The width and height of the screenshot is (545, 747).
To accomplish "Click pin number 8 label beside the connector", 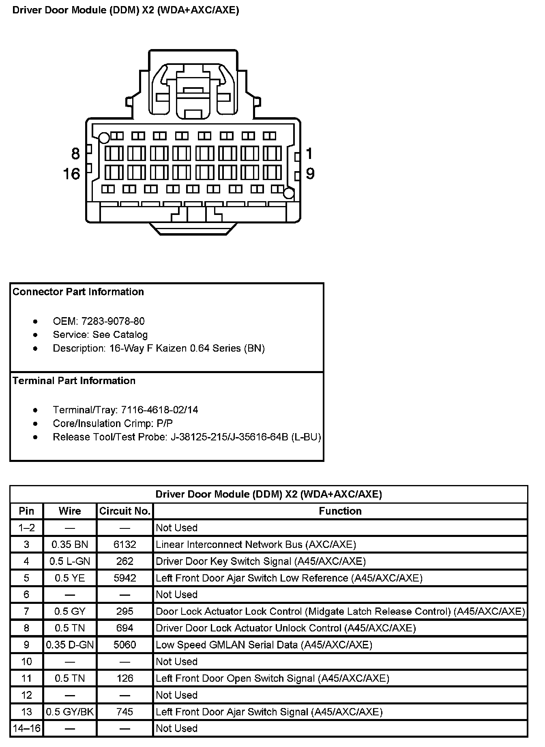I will point(75,154).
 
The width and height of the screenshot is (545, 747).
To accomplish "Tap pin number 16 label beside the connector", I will point(72,174).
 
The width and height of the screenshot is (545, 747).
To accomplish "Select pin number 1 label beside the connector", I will point(309,154).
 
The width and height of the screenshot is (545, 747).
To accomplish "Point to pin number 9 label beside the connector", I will point(310,174).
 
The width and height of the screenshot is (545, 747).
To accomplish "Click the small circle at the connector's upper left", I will point(104,138).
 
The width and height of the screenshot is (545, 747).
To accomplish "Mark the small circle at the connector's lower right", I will point(288,194).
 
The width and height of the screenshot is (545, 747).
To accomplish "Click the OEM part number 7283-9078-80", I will point(113,321).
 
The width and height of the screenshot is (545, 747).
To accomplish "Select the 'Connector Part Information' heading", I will point(78,292).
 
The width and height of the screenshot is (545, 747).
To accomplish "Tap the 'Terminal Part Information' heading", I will point(74,381).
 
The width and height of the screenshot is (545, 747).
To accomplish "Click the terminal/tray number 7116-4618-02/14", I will point(159,410).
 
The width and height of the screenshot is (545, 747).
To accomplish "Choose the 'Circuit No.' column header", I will point(125,511).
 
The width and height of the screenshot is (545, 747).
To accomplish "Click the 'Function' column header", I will point(340,511).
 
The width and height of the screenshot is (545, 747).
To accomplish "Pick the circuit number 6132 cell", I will point(125,545).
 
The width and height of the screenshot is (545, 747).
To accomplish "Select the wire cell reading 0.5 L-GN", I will point(70,561).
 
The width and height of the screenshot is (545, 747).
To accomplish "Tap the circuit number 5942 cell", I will point(125,578).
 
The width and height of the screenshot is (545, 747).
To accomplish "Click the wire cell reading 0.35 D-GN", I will point(70,645).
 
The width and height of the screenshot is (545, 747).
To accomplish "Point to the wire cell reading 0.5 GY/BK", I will point(70,712).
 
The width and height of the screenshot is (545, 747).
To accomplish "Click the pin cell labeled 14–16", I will point(27,728).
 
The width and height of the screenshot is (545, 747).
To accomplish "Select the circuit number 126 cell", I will point(125,678).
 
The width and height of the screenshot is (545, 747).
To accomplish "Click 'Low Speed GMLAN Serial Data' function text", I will point(227,645).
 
